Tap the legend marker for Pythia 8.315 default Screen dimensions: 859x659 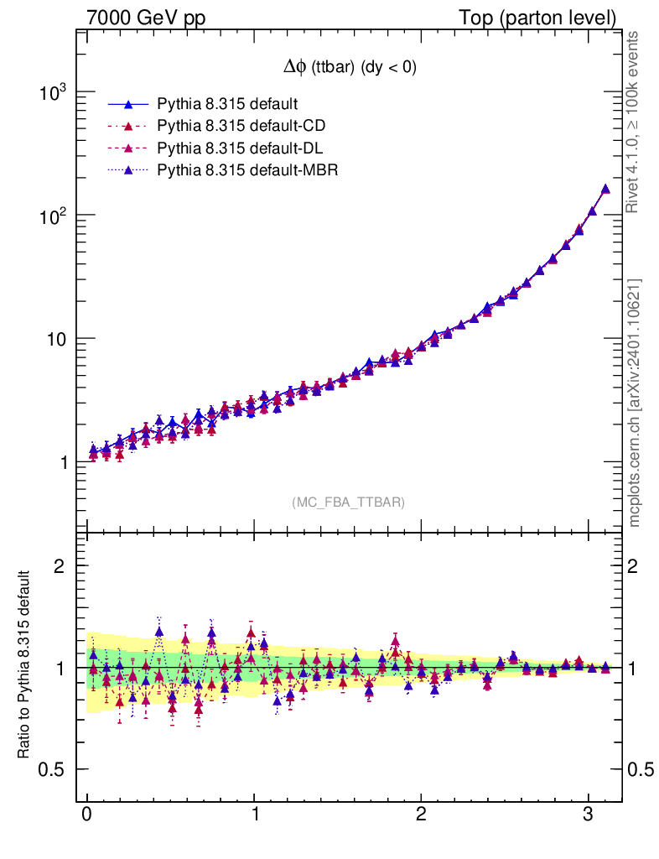pos(128,104)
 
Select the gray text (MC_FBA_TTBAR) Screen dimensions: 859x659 pos(349,502)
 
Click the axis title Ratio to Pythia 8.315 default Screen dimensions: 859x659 pos(25,665)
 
